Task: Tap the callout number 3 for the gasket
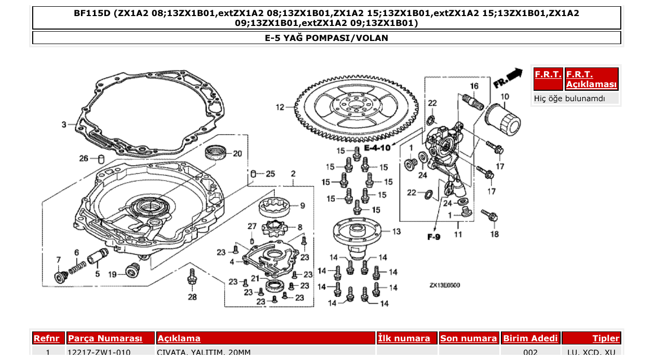(x=64, y=124)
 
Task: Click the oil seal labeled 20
(x=216, y=154)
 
